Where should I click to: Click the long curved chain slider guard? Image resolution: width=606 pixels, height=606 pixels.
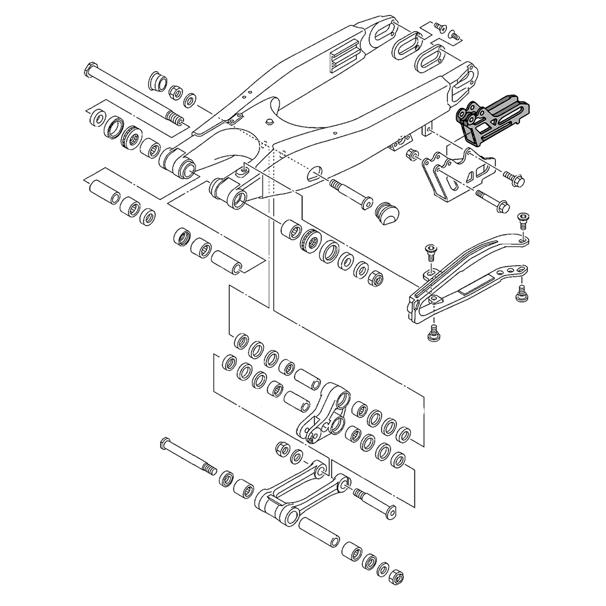(467, 274)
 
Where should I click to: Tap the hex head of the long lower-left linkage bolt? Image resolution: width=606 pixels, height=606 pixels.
(165, 443)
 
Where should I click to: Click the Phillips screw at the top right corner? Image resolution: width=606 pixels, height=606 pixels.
(440, 27)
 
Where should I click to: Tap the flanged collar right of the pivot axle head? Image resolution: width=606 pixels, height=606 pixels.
(157, 81)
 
